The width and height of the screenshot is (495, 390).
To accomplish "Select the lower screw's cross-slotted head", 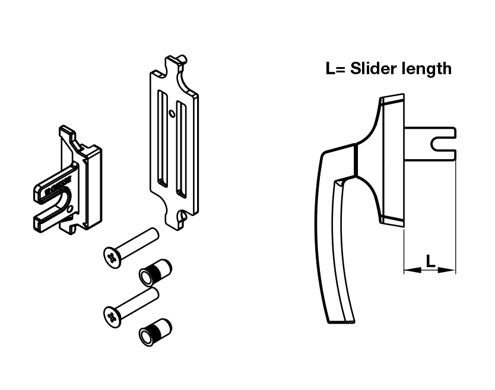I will (111, 315).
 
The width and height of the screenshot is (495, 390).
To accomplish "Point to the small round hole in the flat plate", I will (172, 113).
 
